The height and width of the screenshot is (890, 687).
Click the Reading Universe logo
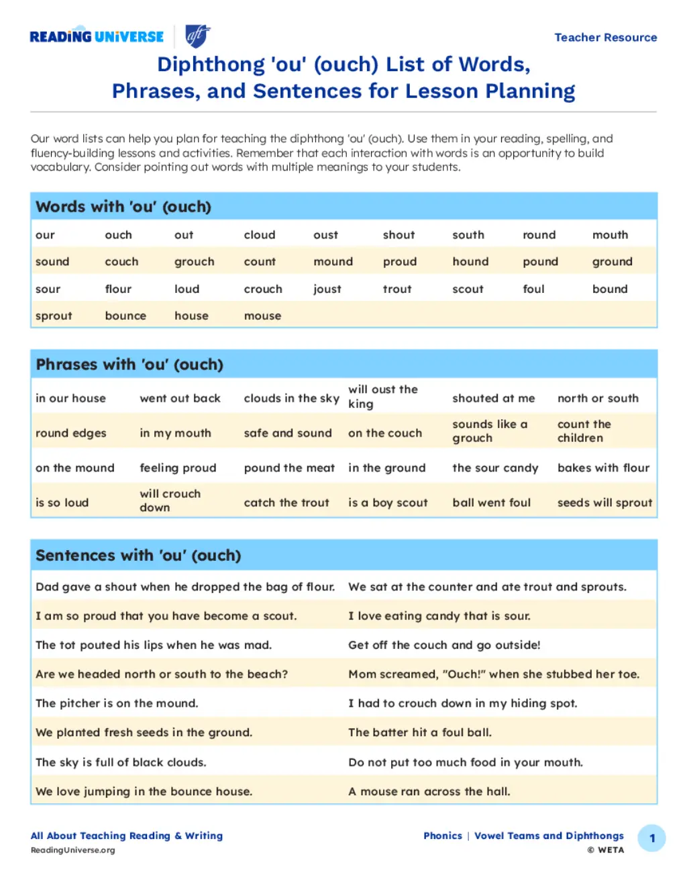(97, 37)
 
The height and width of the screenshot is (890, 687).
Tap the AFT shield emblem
(197, 36)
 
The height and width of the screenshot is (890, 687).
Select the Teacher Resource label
(605, 38)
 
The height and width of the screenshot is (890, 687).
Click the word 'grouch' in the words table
(195, 262)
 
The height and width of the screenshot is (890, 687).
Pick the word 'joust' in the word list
(327, 290)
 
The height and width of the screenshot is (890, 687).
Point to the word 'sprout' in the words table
(54, 316)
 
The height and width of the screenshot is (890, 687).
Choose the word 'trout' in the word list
(397, 290)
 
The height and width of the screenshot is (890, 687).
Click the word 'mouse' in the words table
(262, 316)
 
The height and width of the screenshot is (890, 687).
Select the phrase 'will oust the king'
(383, 396)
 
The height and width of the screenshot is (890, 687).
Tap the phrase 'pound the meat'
(289, 468)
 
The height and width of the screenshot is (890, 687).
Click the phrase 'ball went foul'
(491, 503)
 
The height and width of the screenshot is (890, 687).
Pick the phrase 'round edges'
(71, 433)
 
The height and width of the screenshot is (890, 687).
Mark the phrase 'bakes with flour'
(603, 468)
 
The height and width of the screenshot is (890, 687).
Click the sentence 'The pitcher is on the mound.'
(117, 703)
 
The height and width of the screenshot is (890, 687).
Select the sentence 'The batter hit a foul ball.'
(420, 733)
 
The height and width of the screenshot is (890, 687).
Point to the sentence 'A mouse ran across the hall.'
(429, 791)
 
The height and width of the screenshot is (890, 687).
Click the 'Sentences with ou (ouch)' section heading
(138, 555)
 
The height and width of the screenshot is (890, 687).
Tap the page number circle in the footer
(651, 838)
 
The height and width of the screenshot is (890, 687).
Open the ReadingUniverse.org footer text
(72, 850)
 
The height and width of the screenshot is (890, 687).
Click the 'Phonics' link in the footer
(443, 836)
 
